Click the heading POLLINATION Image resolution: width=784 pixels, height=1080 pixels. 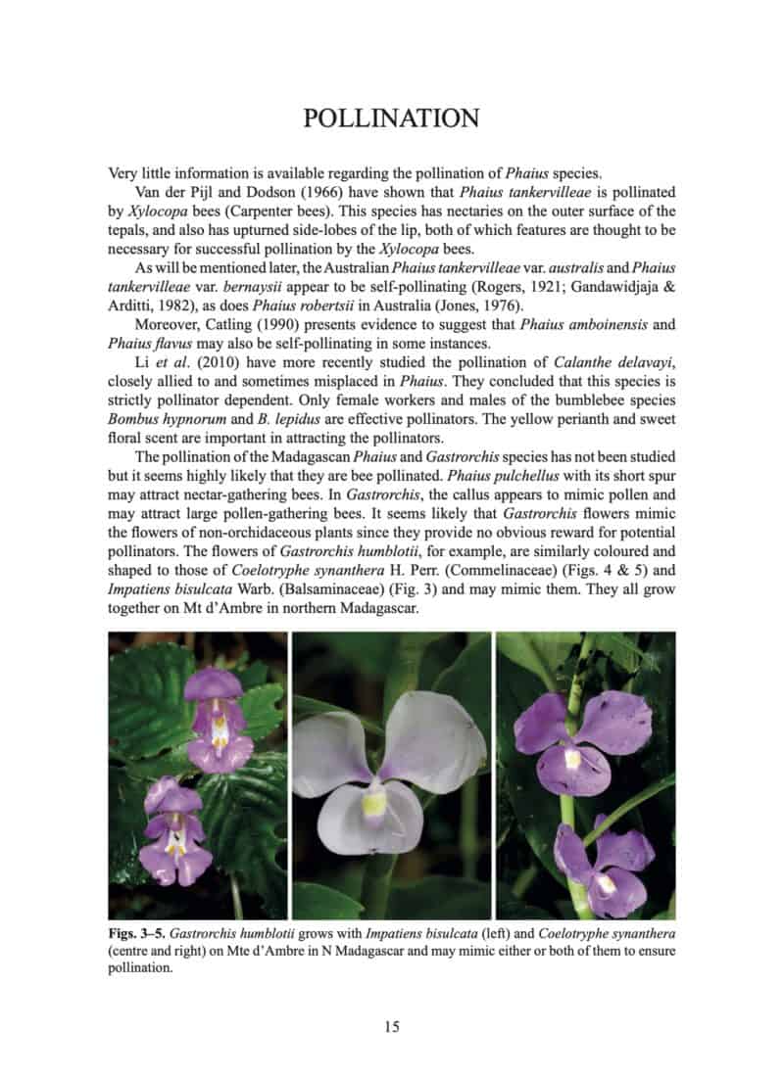point(391,118)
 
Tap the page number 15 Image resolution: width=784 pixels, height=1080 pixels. point(391,1026)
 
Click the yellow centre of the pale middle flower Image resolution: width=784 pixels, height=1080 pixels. point(373,804)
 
